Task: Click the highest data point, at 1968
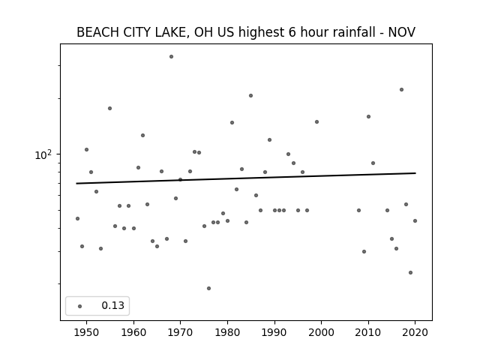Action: [172, 57]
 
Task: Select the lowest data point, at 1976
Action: [208, 288]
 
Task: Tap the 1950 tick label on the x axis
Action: [87, 332]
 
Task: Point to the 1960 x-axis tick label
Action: [133, 332]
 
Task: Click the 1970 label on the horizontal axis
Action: [181, 332]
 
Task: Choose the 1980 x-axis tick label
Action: [227, 332]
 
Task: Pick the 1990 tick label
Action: [274, 332]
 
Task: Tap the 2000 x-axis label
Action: [322, 332]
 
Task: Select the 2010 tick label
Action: [368, 332]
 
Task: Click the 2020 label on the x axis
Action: [415, 332]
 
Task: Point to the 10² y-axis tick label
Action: [43, 155]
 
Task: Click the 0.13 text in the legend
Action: [113, 305]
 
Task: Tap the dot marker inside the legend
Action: [80, 306]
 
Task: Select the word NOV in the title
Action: [402, 32]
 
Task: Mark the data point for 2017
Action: [402, 90]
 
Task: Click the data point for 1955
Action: [110, 108]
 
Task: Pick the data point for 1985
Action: [251, 96]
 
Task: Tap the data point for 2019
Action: [411, 273]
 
